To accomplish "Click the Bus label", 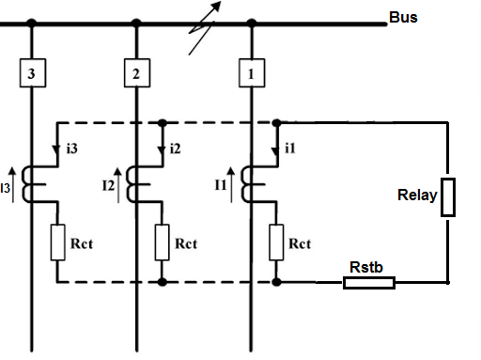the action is (x=403, y=17).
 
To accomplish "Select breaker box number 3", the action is (x=33, y=72).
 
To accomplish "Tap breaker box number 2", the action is (x=137, y=72).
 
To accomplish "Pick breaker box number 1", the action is (x=252, y=72).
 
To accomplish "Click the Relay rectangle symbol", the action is (x=448, y=197).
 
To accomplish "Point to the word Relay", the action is (x=417, y=195).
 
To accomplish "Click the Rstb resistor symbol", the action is (x=369, y=283).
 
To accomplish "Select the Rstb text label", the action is (x=366, y=267).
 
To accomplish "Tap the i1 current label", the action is (x=290, y=149).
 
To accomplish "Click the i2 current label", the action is (x=176, y=149).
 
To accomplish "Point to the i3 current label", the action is (x=72, y=149).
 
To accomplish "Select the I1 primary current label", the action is (x=221, y=185).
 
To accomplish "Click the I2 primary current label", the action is (x=108, y=186).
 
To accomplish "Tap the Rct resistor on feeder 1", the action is (x=276, y=243).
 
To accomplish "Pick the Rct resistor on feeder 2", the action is (x=162, y=243).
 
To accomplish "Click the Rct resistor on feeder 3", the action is (x=57, y=243).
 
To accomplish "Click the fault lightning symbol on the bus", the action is (x=204, y=27).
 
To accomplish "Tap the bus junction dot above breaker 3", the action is (x=31, y=23).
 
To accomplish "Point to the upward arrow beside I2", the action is (x=118, y=185).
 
